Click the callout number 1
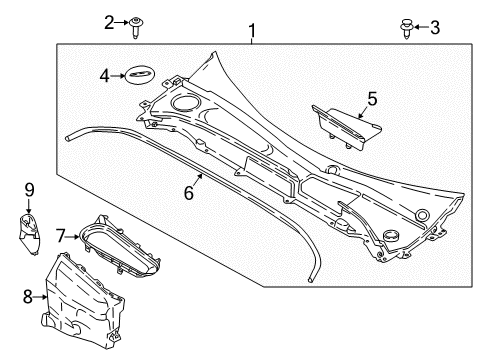pyautogui.click(x=252, y=31)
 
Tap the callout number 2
pyautogui.click(x=109, y=23)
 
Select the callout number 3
pyautogui.click(x=435, y=27)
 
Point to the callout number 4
pyautogui.click(x=105, y=76)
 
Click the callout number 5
pyautogui.click(x=372, y=99)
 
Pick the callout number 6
pyautogui.click(x=189, y=193)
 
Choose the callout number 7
pyautogui.click(x=60, y=236)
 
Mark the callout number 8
pyautogui.click(x=28, y=296)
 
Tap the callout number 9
pyautogui.click(x=29, y=190)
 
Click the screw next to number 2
pyautogui.click(x=135, y=27)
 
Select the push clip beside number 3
pyautogui.click(x=406, y=29)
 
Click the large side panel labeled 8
pyautogui.click(x=83, y=303)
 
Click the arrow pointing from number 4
pyautogui.click(x=117, y=76)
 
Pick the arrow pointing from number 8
pyautogui.click(x=40, y=296)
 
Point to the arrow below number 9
pyautogui.click(x=29, y=206)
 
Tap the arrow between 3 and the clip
pyautogui.click(x=421, y=27)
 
